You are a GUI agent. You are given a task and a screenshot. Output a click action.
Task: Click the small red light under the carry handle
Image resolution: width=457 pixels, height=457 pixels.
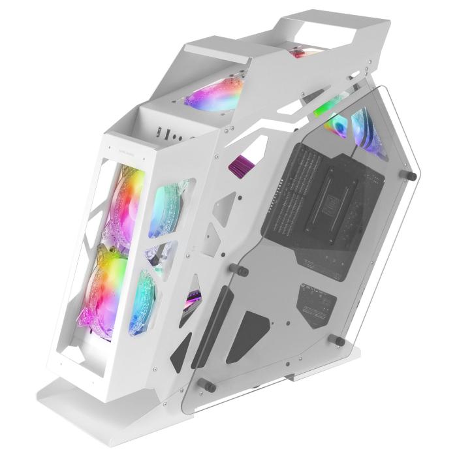coord(302,52)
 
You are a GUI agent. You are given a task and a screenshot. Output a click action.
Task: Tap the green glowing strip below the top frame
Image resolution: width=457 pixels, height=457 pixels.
coord(326,108)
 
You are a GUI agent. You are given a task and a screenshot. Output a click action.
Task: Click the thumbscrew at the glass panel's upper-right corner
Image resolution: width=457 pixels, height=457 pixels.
coord(413,175)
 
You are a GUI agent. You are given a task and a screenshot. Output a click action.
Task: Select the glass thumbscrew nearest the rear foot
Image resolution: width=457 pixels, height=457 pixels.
coord(339,339)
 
